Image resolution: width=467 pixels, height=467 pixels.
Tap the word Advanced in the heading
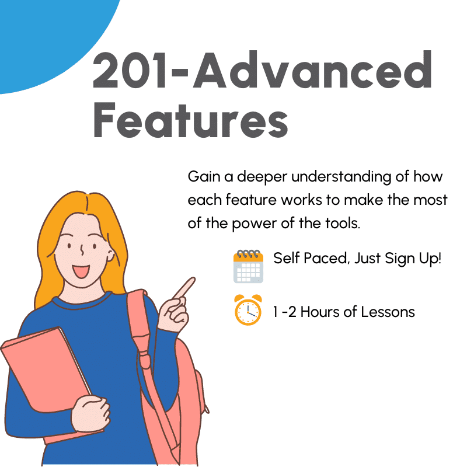tap(312, 69)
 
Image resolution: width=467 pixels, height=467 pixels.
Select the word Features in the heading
tap(191, 120)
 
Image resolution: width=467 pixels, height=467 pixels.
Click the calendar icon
tap(248, 266)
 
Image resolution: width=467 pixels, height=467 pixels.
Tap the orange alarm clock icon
tap(248, 310)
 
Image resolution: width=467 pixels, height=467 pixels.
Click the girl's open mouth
tap(81, 271)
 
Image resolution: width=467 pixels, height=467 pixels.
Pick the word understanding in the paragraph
tap(341, 177)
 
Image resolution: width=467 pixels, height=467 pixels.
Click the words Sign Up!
tap(413, 259)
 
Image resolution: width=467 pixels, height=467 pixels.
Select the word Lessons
tap(388, 312)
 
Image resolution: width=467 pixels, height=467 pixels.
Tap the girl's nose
tap(82, 250)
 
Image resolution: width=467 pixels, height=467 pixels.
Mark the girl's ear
tap(110, 256)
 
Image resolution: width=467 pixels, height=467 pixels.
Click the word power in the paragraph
tap(254, 224)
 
